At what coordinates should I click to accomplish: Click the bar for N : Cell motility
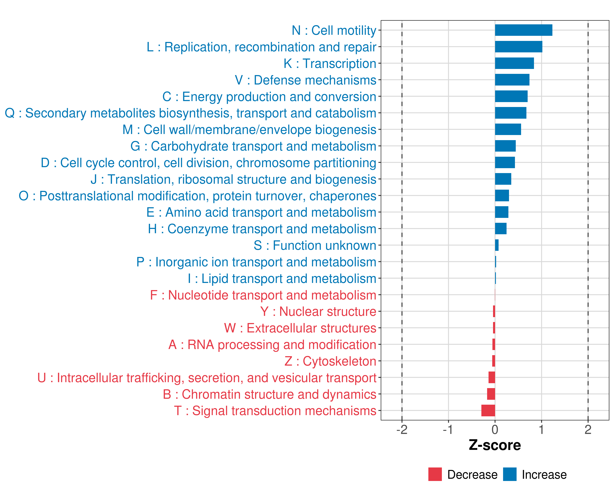point(524,30)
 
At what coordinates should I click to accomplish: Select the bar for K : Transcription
point(514,63)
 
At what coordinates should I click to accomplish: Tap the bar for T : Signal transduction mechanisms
point(488,410)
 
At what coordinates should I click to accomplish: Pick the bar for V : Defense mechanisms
point(512,80)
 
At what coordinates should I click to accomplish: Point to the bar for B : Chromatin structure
point(491,394)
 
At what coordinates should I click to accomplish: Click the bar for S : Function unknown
point(497,245)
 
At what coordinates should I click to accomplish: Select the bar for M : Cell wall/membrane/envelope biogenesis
point(508,129)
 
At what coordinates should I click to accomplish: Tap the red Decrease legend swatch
point(435,474)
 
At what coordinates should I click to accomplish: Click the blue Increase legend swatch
point(509,474)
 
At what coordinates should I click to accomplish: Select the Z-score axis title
point(495,445)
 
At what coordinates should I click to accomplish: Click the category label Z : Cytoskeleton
point(330,361)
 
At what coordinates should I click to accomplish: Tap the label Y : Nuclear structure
point(318,311)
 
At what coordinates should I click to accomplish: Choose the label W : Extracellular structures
point(300,328)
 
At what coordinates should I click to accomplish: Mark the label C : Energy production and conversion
point(269,97)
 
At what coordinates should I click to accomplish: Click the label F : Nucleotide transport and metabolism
point(263,295)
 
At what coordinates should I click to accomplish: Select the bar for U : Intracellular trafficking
point(492,377)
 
